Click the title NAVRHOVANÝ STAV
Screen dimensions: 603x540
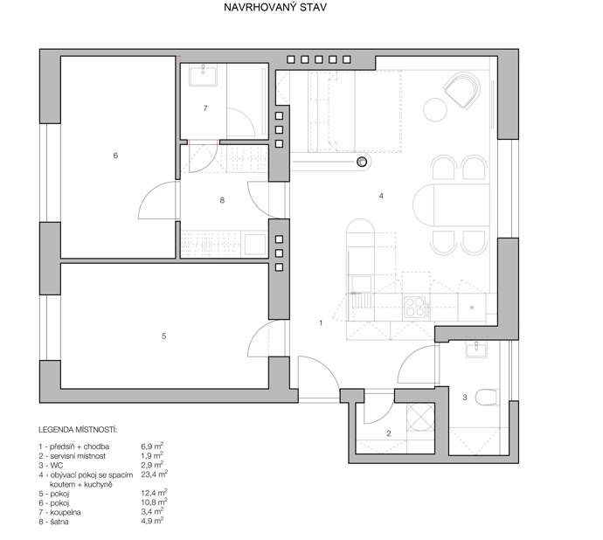click(x=275, y=7)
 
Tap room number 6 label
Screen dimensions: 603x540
click(x=115, y=156)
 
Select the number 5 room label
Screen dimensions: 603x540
click(x=163, y=336)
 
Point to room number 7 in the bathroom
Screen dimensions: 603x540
click(x=205, y=108)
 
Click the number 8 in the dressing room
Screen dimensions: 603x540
click(x=222, y=200)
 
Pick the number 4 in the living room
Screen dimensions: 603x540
click(x=381, y=196)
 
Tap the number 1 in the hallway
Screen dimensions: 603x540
click(x=321, y=323)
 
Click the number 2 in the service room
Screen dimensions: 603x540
click(x=388, y=433)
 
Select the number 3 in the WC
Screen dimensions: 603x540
click(x=465, y=397)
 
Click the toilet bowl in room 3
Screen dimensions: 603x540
click(x=487, y=398)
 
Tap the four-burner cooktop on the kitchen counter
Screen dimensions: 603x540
click(x=415, y=307)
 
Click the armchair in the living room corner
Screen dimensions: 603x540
click(x=462, y=89)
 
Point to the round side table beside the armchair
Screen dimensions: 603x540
click(x=435, y=110)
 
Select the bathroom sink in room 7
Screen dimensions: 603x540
click(x=203, y=75)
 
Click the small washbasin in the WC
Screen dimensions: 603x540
click(x=477, y=350)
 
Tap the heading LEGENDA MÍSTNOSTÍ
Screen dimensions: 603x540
click(x=78, y=430)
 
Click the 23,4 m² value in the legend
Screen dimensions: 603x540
click(x=154, y=474)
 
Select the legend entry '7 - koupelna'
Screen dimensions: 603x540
click(x=59, y=512)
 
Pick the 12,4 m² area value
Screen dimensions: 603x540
click(x=154, y=493)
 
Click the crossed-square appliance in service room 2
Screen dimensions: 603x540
click(x=420, y=417)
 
